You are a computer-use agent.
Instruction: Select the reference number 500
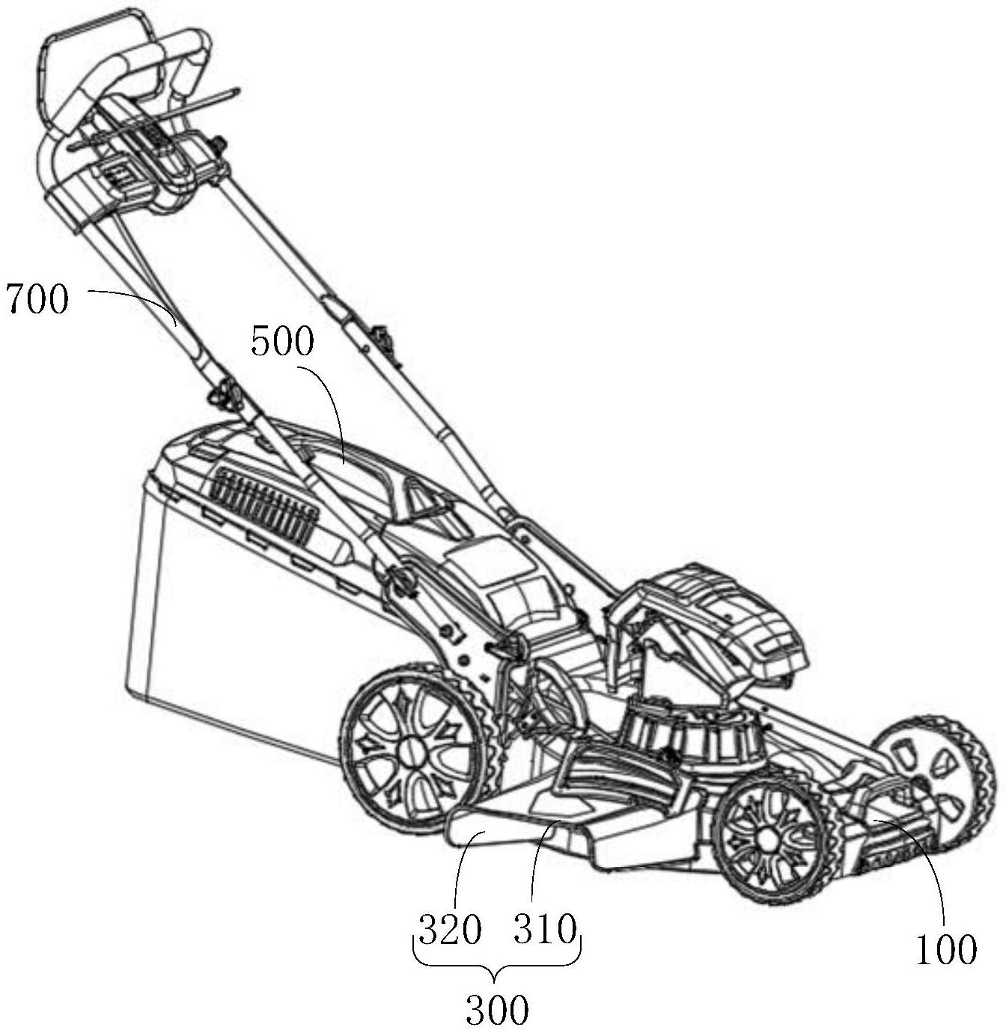282,343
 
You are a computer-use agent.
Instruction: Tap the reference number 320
449,931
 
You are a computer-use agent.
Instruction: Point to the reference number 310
546,931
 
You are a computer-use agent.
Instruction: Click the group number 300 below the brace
497,1011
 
